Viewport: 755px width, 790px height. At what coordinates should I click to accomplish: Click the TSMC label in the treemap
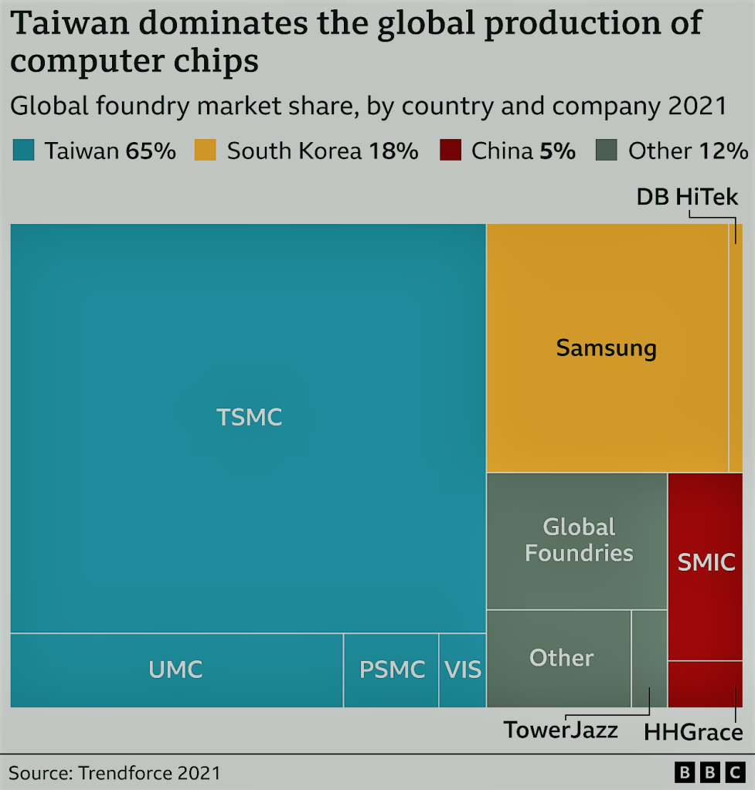click(249, 417)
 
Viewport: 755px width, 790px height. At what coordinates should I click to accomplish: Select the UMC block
click(176, 670)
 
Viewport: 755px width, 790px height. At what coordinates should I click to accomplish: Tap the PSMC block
click(392, 670)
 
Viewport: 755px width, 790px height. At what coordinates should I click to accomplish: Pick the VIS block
click(463, 670)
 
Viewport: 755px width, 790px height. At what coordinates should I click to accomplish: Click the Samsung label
click(606, 348)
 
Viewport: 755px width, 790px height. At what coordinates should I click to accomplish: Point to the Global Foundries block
click(578, 541)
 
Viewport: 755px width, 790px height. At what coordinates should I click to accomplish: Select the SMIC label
click(706, 562)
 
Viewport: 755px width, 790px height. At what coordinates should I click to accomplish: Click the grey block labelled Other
click(560, 658)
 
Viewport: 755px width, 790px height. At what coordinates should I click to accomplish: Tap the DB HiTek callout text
click(687, 197)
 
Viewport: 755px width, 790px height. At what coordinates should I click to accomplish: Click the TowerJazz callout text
click(561, 730)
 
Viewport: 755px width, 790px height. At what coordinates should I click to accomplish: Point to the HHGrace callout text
click(693, 732)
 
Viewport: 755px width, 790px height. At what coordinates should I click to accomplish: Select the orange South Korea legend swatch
click(205, 151)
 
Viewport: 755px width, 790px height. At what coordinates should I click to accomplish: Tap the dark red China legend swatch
click(450, 151)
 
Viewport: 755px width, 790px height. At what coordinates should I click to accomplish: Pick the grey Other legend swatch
click(607, 151)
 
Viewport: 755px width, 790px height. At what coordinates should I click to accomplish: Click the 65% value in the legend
click(151, 151)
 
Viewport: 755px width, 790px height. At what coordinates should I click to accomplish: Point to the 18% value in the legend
click(393, 151)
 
